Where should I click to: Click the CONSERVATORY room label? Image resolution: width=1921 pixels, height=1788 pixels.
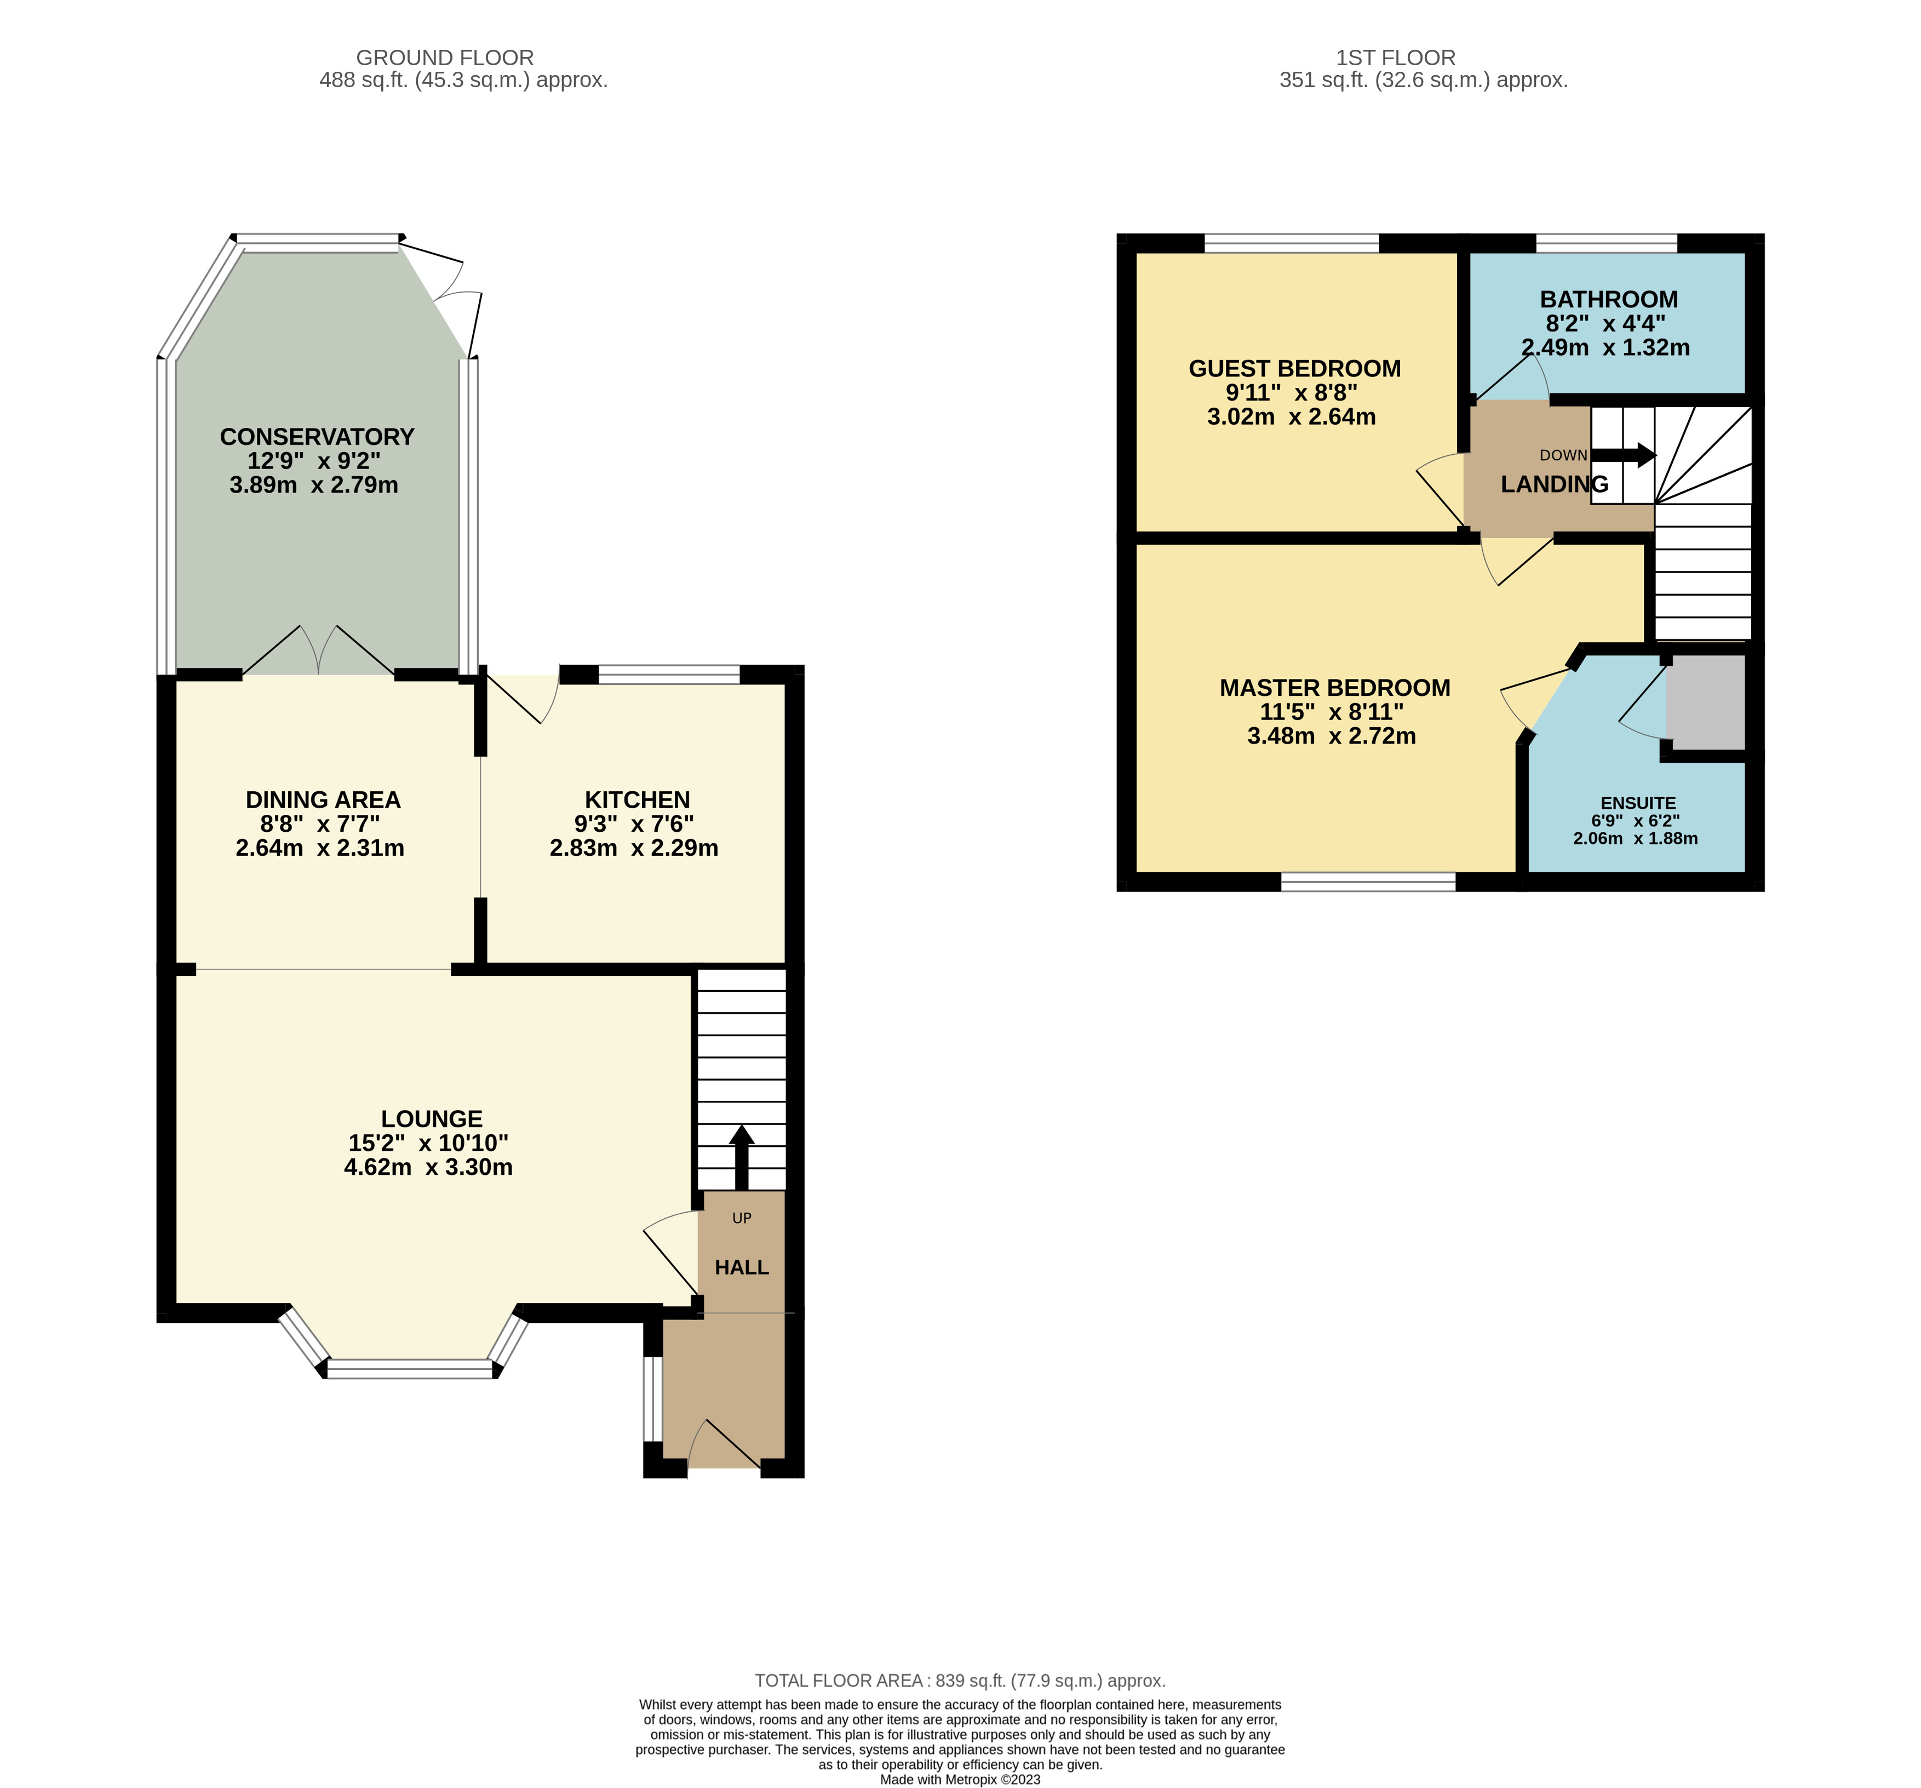click(317, 437)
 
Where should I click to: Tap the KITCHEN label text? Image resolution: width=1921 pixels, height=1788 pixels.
click(637, 799)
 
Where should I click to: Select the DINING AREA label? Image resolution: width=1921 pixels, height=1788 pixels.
click(323, 799)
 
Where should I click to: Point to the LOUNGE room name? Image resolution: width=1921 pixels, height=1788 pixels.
click(431, 1118)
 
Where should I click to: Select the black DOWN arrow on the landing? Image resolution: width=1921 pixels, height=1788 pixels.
click(1624, 455)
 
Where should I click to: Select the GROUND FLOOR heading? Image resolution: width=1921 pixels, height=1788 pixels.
click(444, 58)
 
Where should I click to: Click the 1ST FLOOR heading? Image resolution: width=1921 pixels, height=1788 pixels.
click(1395, 58)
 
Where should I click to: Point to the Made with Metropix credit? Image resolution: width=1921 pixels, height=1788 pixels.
click(960, 1779)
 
